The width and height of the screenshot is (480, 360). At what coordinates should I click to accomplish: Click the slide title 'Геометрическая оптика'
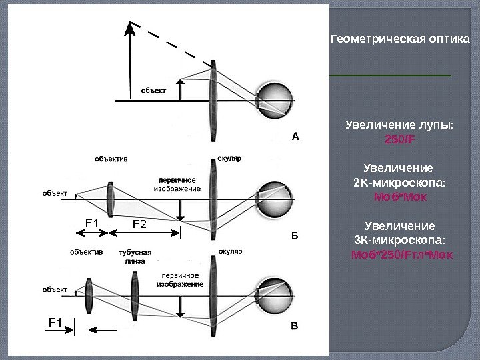pos(401,39)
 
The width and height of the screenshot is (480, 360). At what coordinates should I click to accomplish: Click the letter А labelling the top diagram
pos(298,136)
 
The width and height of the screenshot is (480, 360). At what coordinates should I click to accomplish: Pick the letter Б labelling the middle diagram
pos(297,235)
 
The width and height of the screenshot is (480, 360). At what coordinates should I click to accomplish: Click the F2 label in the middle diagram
pos(142,224)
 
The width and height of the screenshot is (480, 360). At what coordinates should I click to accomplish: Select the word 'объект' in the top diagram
pos(154,90)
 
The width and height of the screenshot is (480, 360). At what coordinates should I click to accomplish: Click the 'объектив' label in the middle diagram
pos(111,159)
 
